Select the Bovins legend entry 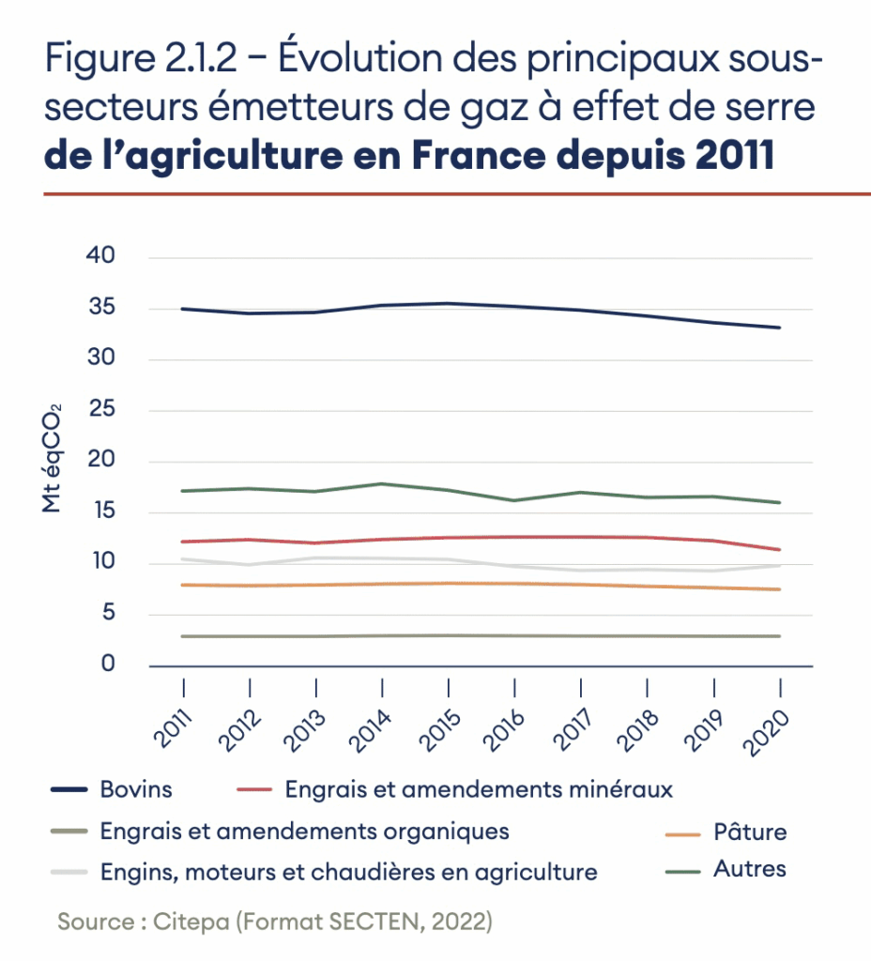click(135, 788)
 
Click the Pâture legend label click(749, 831)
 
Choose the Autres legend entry click(749, 868)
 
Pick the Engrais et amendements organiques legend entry click(304, 831)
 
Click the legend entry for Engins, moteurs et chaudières click(347, 872)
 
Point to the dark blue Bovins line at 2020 click(779, 328)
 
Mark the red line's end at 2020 click(779, 550)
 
